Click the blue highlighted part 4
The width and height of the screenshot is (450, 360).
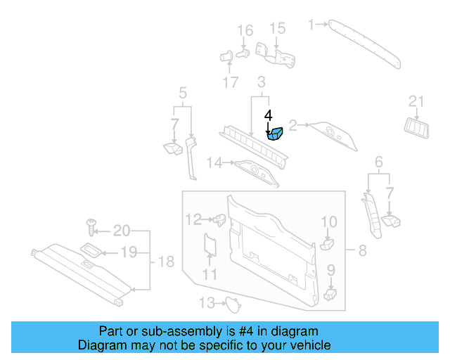tap(274, 133)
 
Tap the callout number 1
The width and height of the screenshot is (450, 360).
tap(311, 25)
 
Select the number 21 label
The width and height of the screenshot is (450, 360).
tap(416, 103)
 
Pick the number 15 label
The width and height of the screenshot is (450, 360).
tap(278, 28)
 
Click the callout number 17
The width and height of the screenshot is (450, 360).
tap(231, 82)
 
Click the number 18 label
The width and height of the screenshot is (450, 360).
tap(165, 262)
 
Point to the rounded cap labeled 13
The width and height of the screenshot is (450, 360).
tap(231, 304)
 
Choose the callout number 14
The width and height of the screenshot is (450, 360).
tap(214, 163)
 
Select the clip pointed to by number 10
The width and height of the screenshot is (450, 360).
tap(326, 244)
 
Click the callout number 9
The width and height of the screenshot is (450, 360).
tap(330, 269)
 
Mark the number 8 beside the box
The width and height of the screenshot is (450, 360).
tap(362, 250)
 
